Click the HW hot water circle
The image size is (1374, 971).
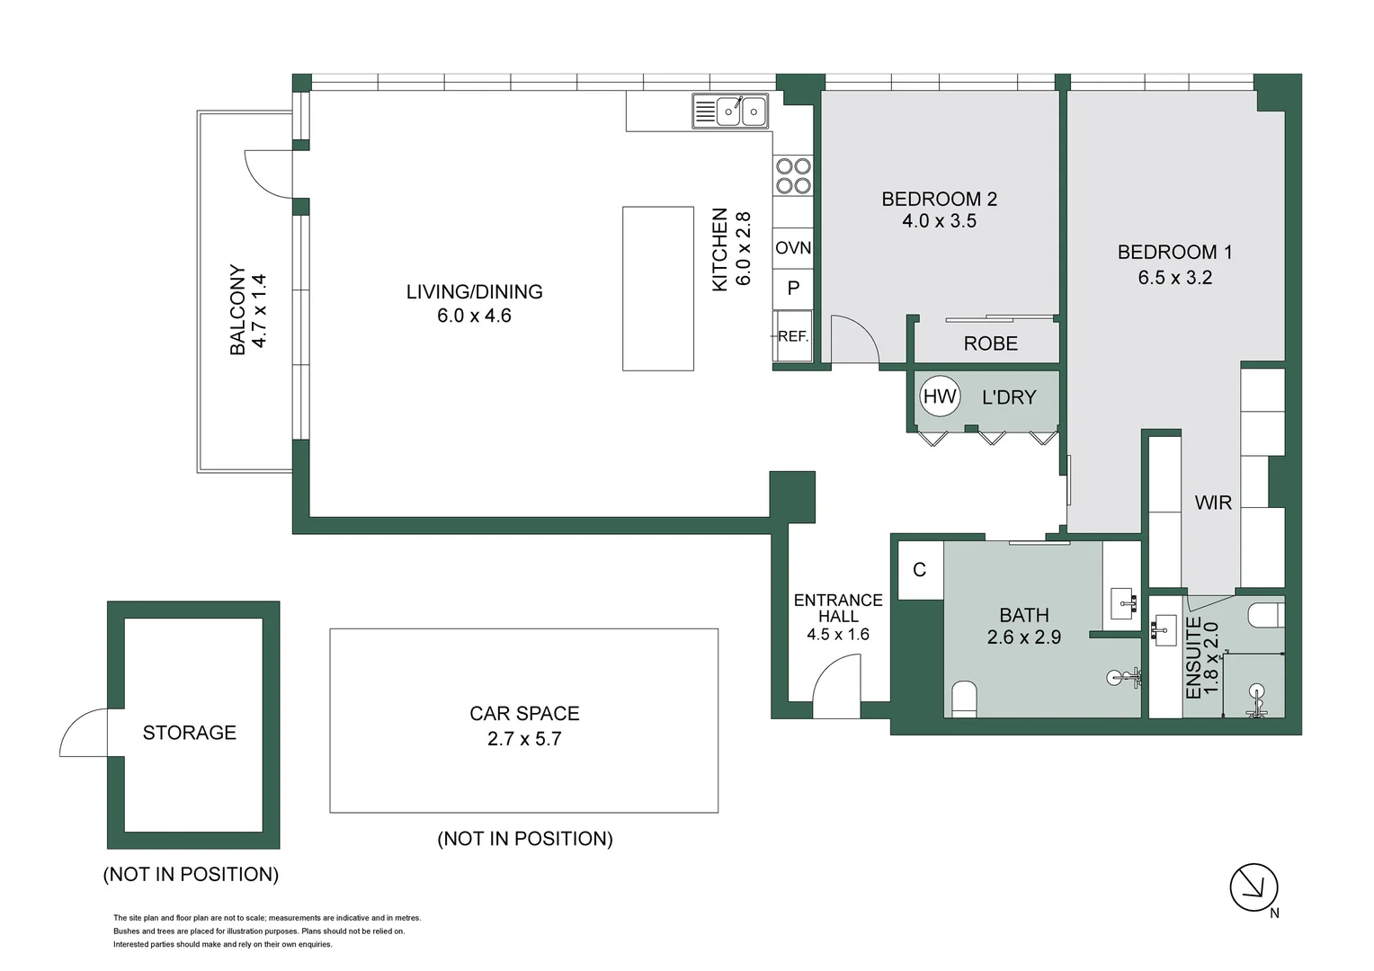coord(940,396)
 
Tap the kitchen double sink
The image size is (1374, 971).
coord(730,111)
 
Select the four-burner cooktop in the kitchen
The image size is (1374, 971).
coord(793,176)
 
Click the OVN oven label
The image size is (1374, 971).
coord(793,248)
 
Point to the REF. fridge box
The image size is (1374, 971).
coord(793,336)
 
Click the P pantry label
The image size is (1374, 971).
coord(793,289)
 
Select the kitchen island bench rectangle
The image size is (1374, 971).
coord(658,289)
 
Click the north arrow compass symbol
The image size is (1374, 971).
coord(1254,888)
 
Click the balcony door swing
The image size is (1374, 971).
coord(268,174)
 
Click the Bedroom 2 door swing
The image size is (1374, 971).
coord(854,340)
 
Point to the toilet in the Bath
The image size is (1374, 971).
coord(964,699)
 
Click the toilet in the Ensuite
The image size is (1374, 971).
coord(1266,615)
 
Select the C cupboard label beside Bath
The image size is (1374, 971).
coord(919,570)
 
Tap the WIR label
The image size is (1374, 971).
coord(1213,503)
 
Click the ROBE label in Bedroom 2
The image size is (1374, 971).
coord(990,343)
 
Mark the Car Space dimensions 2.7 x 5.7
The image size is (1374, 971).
coord(524,739)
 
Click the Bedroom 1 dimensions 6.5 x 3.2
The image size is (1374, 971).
coord(1174,278)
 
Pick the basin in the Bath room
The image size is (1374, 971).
coord(1123,602)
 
